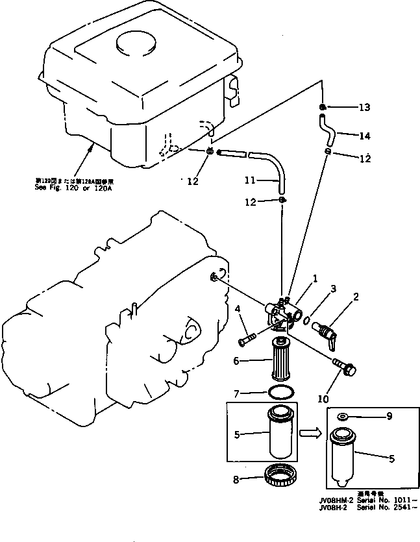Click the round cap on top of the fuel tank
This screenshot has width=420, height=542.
133,47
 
